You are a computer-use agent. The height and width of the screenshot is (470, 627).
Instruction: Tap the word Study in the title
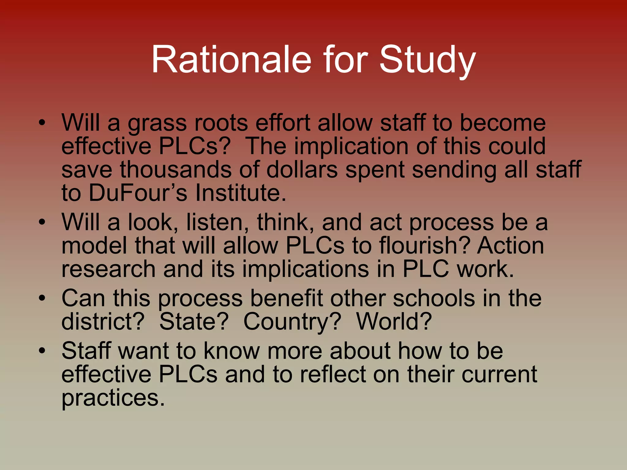pyautogui.click(x=427, y=60)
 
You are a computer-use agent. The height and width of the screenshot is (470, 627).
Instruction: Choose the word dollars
pyautogui.click(x=302, y=170)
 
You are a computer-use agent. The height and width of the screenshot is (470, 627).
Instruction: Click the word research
pyautogui.click(x=109, y=269)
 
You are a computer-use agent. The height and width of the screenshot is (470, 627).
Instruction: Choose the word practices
pyautogui.click(x=113, y=398)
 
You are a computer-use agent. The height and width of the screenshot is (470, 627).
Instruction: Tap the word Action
pyautogui.click(x=510, y=245)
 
